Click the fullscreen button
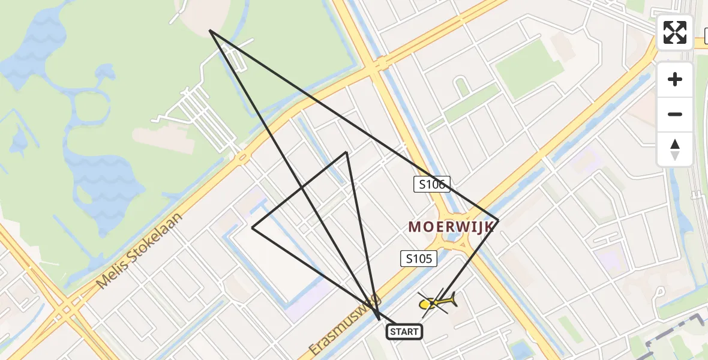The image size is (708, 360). pyautogui.click(x=675, y=32)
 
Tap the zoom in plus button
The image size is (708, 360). pyautogui.click(x=675, y=79)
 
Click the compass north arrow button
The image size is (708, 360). pyautogui.click(x=675, y=149)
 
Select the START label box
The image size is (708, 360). pyautogui.click(x=404, y=332)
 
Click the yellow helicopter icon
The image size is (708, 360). pyautogui.click(x=437, y=303)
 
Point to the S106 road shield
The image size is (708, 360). pyautogui.click(x=431, y=184)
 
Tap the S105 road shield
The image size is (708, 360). pyautogui.click(x=419, y=259)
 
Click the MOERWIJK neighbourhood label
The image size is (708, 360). pyautogui.click(x=452, y=226)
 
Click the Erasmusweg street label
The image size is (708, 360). pyautogui.click(x=345, y=325)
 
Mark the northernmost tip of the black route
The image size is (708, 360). pyautogui.click(x=210, y=30)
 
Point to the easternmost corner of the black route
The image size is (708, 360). pyautogui.click(x=499, y=220)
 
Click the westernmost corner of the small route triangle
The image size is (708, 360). pyautogui.click(x=253, y=228)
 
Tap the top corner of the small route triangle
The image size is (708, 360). pyautogui.click(x=346, y=152)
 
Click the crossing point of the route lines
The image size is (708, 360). pyautogui.click(x=302, y=188)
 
